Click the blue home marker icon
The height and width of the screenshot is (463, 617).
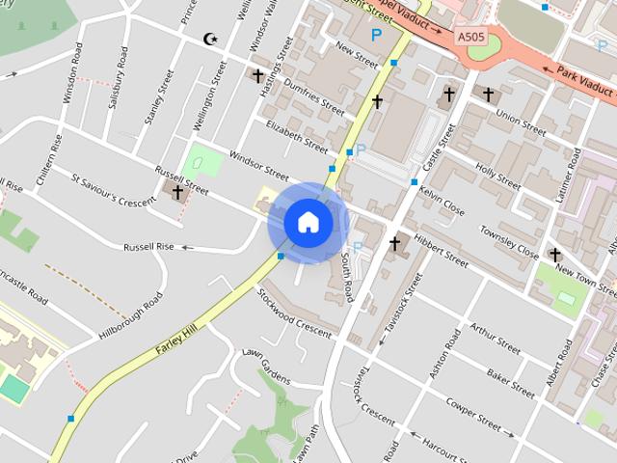[x=308, y=223]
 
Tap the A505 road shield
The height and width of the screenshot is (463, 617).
[x=471, y=37]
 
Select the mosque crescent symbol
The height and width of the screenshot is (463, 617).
[x=211, y=40]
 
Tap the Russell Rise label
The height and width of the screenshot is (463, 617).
[x=148, y=247]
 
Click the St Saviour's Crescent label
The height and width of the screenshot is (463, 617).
[x=113, y=189]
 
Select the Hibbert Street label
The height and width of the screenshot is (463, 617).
[x=441, y=250]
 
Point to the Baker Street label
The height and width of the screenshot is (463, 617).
[x=510, y=383]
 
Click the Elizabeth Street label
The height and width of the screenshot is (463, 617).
[x=297, y=137]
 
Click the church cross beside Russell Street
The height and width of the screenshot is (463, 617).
[x=177, y=192]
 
